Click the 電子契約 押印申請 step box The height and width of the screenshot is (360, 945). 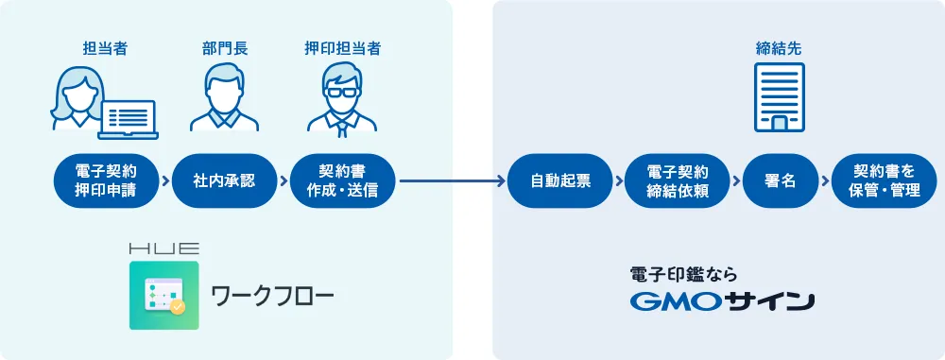pyautogui.click(x=106, y=180)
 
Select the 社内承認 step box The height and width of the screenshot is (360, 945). pyautogui.click(x=224, y=180)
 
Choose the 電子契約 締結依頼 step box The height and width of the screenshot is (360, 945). pyautogui.click(x=678, y=180)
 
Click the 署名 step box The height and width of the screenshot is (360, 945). pyautogui.click(x=780, y=180)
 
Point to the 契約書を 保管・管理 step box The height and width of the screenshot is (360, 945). pyautogui.click(x=884, y=180)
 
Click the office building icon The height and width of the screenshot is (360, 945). pyautogui.click(x=780, y=96)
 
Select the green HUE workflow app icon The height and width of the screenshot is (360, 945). pyautogui.click(x=164, y=295)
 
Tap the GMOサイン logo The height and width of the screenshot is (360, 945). pyautogui.click(x=721, y=302)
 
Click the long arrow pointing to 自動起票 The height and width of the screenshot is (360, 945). pyautogui.click(x=452, y=180)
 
